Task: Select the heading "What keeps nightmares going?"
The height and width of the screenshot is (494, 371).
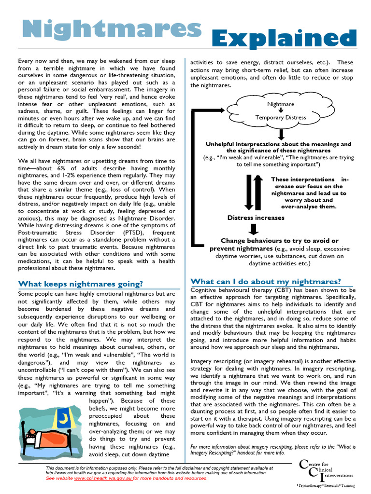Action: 80,284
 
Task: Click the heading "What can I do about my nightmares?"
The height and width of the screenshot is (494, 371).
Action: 266,281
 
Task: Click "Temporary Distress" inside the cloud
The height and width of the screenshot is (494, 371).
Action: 280,117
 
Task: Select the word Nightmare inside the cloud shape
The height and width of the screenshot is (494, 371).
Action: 281,104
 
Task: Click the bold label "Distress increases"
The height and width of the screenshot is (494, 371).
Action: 256,218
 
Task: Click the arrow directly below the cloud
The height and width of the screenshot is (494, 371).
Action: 281,134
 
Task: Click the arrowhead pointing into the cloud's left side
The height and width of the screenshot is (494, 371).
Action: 227,110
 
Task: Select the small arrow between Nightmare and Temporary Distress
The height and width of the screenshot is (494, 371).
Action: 281,110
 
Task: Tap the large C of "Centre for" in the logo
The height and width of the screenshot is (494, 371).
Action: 303,465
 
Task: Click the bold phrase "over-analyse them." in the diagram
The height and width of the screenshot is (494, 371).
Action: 309,206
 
